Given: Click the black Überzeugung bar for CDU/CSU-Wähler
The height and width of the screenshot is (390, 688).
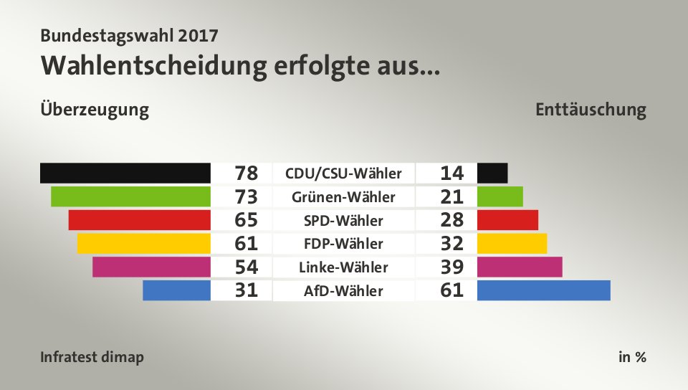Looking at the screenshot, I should (x=125, y=173).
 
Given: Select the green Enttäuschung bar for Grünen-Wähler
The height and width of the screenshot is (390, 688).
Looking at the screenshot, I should (x=500, y=196).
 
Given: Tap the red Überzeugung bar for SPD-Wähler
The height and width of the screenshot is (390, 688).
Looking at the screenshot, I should (x=139, y=220).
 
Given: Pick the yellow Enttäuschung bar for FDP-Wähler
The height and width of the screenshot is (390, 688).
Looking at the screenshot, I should (x=512, y=244).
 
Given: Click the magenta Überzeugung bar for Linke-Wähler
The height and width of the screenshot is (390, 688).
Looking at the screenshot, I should (x=151, y=267).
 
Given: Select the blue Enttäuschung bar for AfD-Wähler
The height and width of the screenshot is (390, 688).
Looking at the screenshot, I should (x=543, y=290).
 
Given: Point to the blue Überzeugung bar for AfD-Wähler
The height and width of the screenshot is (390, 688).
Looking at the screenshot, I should (x=176, y=290).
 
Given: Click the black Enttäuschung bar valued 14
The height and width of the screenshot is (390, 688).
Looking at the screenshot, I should (x=492, y=173).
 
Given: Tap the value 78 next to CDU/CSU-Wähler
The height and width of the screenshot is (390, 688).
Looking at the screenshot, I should (x=246, y=173).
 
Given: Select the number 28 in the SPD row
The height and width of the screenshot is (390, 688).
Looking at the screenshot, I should (x=452, y=220).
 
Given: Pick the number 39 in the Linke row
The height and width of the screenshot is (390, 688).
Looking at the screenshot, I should (x=452, y=267).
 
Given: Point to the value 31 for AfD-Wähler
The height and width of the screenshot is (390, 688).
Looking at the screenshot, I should (x=246, y=291).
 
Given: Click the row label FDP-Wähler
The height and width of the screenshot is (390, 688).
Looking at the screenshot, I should (x=343, y=244).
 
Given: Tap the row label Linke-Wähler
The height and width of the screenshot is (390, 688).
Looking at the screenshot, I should (x=343, y=267).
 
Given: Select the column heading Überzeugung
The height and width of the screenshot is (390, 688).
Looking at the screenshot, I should (x=95, y=110).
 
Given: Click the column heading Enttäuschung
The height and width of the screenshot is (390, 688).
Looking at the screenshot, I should (x=591, y=110).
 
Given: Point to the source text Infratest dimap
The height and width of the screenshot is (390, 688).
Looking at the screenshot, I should (x=92, y=357).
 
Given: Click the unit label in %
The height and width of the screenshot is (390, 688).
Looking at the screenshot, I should (x=632, y=357).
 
